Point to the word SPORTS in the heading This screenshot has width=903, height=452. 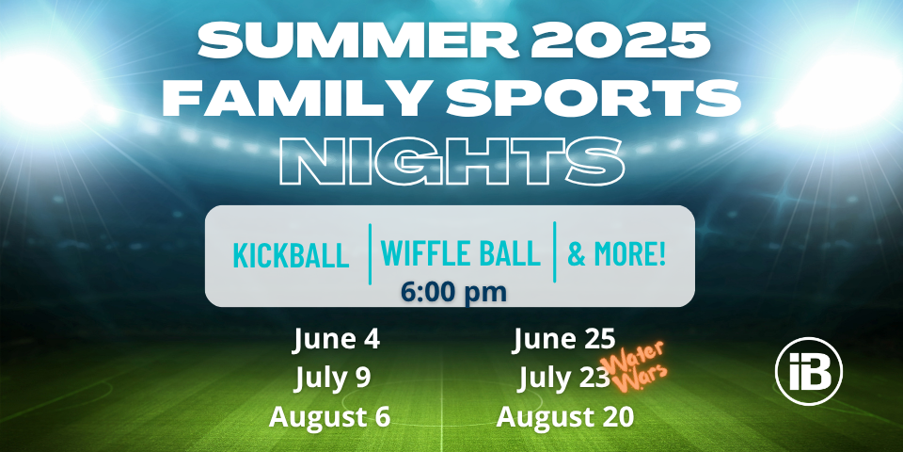point(593,97)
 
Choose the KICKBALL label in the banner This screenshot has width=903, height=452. point(291,256)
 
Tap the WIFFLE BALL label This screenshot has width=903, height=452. point(460,253)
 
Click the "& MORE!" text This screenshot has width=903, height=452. point(617,253)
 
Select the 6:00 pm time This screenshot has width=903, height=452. point(453,292)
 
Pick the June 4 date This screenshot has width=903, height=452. point(337,339)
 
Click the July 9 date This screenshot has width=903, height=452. point(333,379)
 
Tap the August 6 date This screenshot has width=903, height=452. point(329,416)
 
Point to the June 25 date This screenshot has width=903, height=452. point(563,339)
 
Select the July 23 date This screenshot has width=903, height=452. point(563,379)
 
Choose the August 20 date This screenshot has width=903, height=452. point(565,416)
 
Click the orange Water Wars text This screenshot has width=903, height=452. point(633,366)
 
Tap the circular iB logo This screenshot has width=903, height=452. point(809,372)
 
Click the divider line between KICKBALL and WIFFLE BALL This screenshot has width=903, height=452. point(369,253)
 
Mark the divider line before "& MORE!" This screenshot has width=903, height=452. point(554,252)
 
